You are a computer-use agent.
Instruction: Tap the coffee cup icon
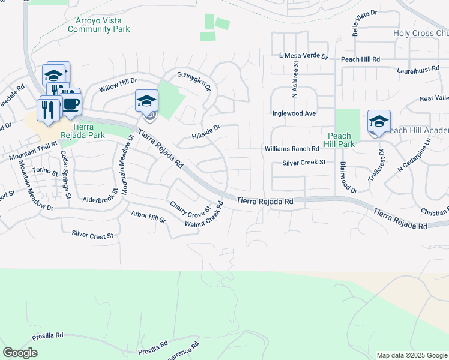(x=71, y=104)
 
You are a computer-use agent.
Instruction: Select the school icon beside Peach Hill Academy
(x=379, y=122)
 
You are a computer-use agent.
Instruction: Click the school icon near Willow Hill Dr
(x=146, y=101)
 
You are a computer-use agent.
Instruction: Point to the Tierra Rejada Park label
(x=89, y=131)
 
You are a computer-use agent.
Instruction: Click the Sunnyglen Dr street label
(x=194, y=80)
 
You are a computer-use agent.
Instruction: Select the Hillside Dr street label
(x=206, y=131)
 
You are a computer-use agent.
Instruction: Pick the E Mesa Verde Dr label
(x=304, y=56)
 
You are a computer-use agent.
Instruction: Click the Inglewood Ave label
(x=294, y=113)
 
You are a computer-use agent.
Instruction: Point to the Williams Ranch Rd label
(x=292, y=149)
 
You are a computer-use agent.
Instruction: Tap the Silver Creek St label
(x=304, y=162)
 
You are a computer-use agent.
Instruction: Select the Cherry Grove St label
(x=189, y=209)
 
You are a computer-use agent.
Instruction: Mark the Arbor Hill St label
(x=148, y=217)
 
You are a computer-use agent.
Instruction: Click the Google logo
(x=20, y=352)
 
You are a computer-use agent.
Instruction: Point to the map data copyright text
(x=411, y=355)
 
